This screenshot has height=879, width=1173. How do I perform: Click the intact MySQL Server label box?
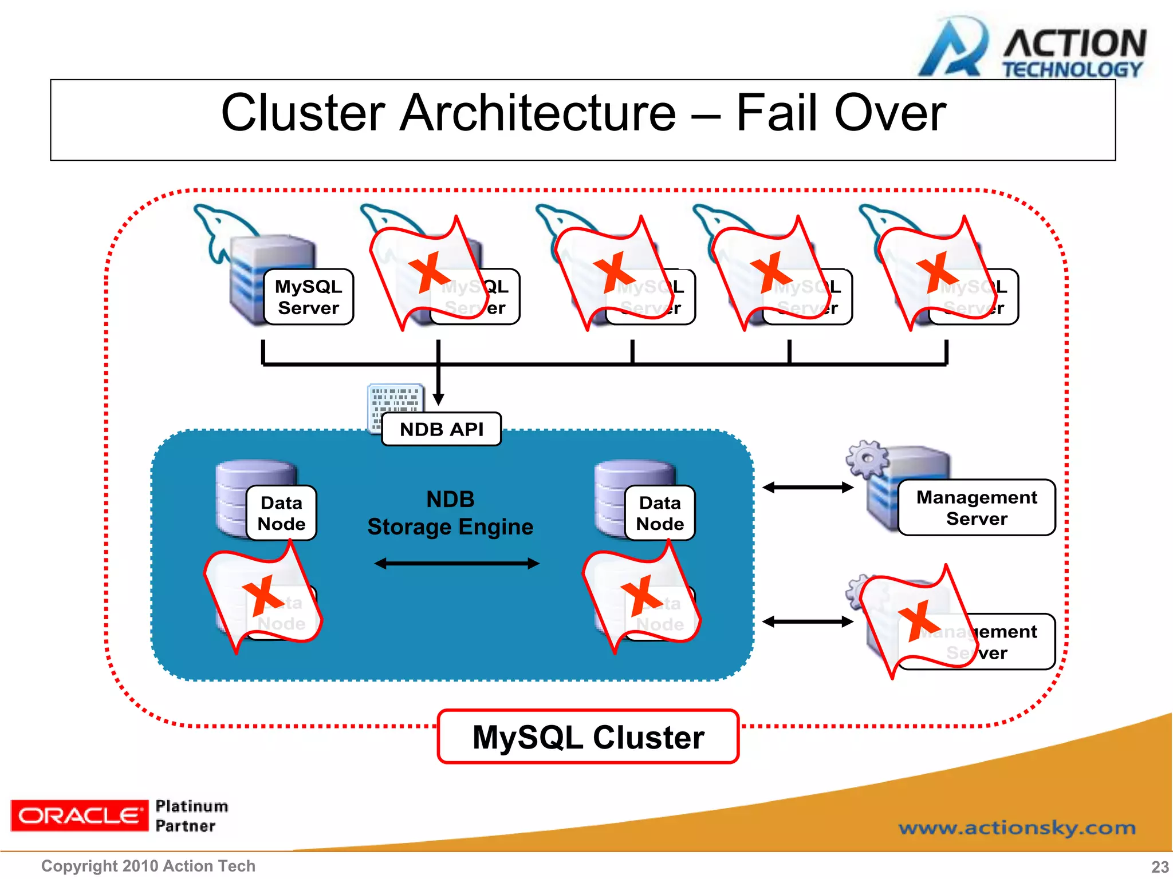[x=308, y=297]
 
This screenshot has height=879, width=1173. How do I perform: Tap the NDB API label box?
[x=441, y=429]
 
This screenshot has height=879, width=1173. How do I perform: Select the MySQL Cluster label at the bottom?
[x=588, y=737]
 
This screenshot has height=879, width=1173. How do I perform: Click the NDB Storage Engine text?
[x=450, y=513]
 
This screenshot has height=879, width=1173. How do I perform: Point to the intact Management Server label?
[x=976, y=508]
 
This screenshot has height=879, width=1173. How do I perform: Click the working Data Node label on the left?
[x=281, y=513]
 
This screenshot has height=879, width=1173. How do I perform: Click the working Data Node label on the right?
[x=660, y=513]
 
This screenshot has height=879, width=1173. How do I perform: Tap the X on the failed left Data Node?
[x=263, y=596]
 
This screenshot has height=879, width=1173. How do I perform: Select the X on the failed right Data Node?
[x=641, y=596]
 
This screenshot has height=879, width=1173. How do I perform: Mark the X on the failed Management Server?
[x=919, y=620]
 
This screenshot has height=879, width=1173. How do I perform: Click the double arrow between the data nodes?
[x=456, y=564]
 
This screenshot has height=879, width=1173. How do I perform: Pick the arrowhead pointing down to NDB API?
[x=438, y=399]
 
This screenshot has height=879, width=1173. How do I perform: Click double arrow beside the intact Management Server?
[x=808, y=488]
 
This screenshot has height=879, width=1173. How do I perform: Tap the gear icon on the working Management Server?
[x=867, y=458]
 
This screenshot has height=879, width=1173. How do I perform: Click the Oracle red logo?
[x=79, y=815]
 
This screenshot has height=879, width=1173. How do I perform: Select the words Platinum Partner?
[x=191, y=816]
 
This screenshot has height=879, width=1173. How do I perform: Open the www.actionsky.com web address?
[x=1017, y=827]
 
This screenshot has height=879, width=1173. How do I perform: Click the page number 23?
[x=1160, y=866]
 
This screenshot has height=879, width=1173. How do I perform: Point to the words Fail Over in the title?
[x=840, y=113]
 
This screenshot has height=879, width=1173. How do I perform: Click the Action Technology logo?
[x=1031, y=49]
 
